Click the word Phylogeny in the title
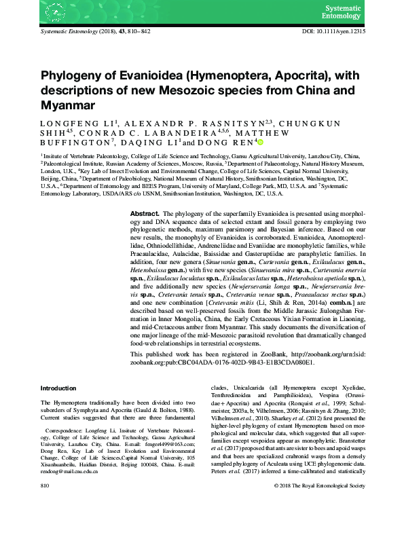tap(72, 76)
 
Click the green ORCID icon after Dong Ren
tap(259, 143)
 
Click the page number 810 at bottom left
tap(45, 525)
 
